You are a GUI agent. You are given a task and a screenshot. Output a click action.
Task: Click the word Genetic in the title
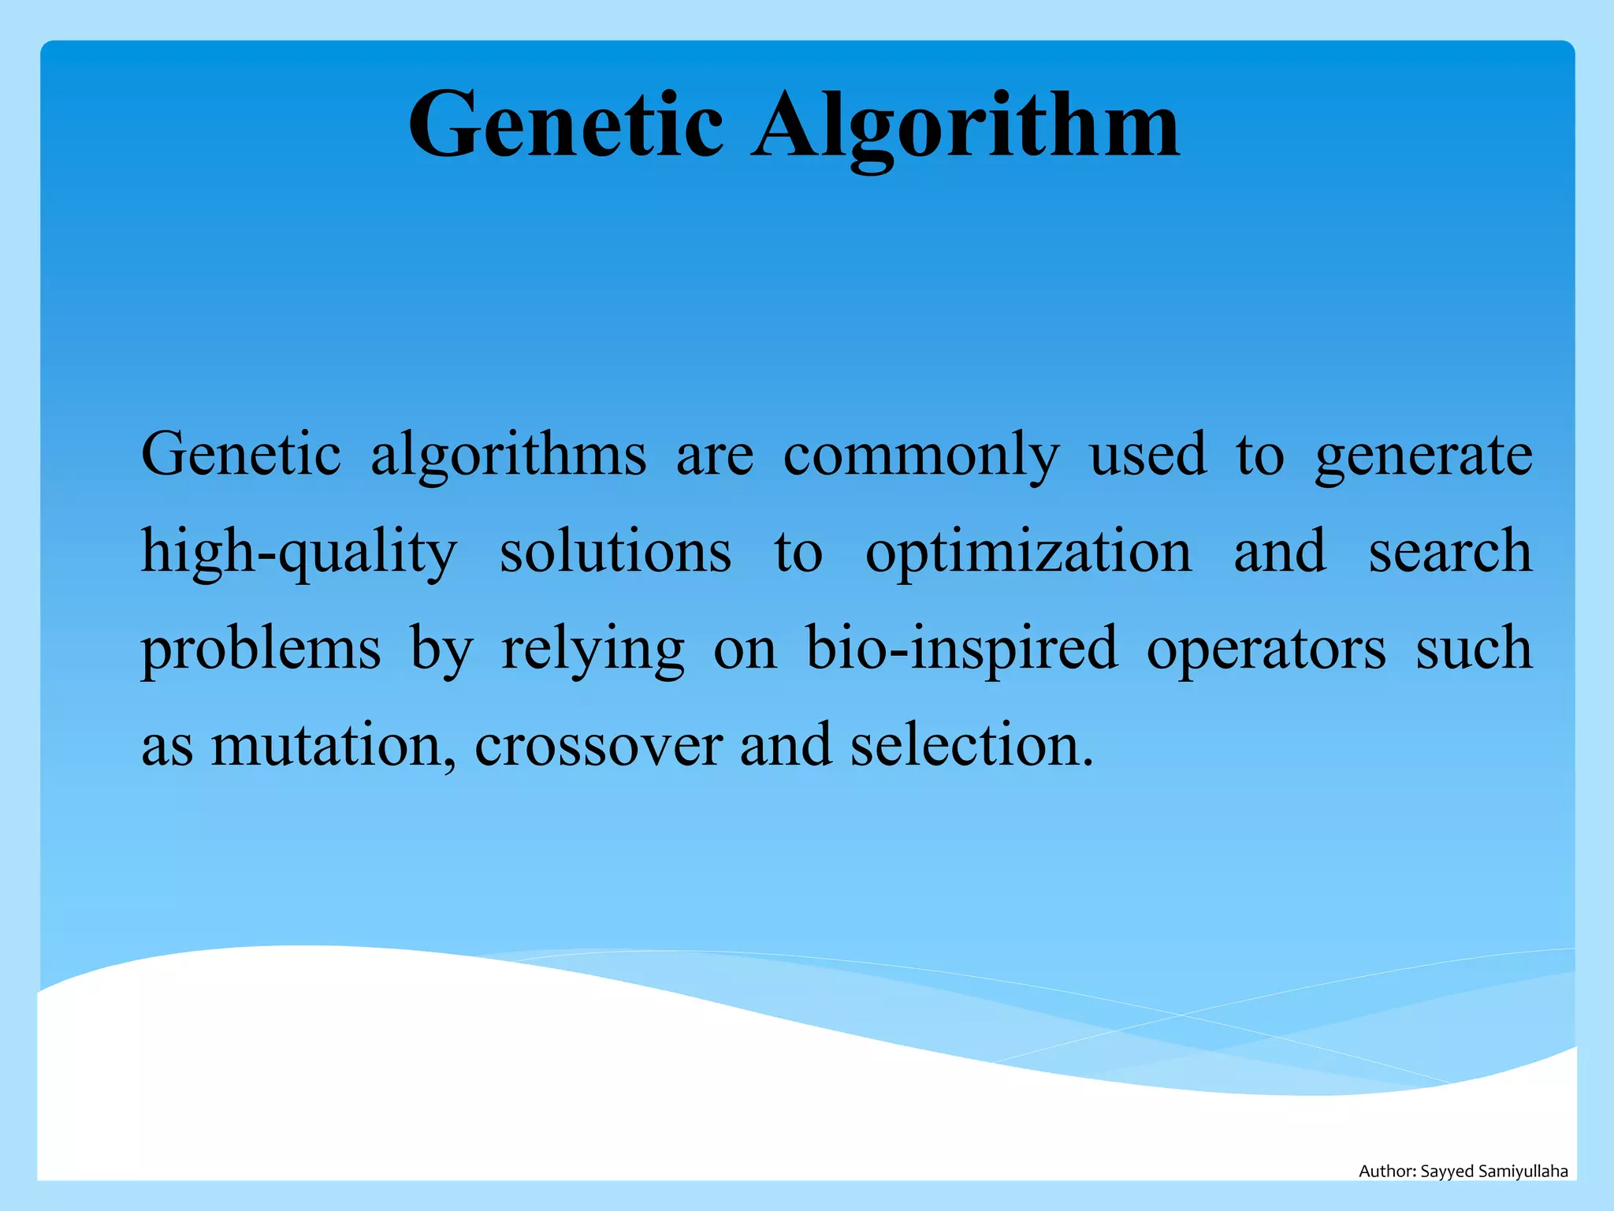pos(565,125)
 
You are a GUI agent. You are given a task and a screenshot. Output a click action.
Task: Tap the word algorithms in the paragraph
pos(508,456)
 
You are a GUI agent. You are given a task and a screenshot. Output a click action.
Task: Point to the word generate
pos(1423,456)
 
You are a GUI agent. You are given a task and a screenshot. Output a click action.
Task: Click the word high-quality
pos(299,552)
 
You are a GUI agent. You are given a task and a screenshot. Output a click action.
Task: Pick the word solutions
pos(615,552)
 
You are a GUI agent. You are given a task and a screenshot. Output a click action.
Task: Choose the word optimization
pos(1028,552)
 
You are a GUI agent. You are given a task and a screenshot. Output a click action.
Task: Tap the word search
pos(1450,552)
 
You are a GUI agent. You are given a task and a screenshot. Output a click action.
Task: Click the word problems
pos(261,649)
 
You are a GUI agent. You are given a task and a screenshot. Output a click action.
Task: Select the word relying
pos(593,649)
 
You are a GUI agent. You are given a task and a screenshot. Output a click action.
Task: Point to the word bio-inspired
pos(961,649)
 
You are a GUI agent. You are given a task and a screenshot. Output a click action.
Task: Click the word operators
pos(1266,649)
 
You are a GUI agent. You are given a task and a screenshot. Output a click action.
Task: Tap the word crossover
pos(598,746)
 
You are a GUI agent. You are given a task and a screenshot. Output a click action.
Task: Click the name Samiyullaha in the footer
pos(1523,1172)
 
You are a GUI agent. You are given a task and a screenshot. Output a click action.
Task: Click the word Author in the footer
pos(1386,1172)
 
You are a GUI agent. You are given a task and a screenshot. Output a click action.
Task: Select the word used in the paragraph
pos(1147,456)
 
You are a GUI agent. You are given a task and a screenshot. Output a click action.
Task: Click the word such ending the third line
pos(1474,649)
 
